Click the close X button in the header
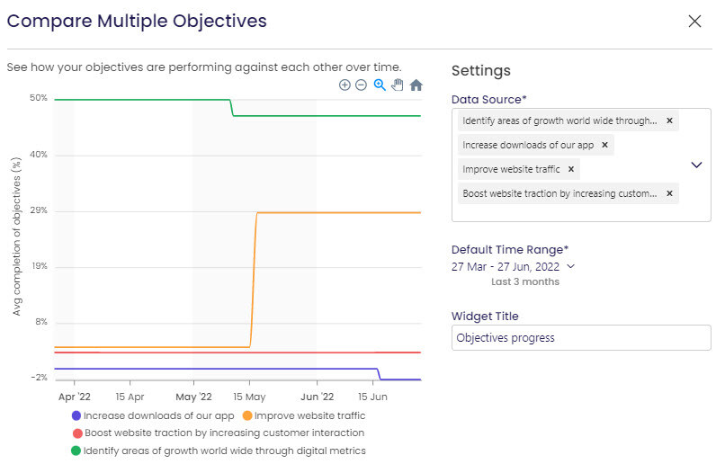pyautogui.click(x=694, y=21)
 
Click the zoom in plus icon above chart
pyautogui.click(x=345, y=85)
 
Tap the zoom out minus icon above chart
pyautogui.click(x=361, y=85)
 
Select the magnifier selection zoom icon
pyautogui.click(x=380, y=85)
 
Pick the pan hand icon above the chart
pyautogui.click(x=398, y=85)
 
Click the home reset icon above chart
pyautogui.click(x=416, y=85)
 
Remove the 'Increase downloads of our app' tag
pyautogui.click(x=604, y=144)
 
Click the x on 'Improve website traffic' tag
pyautogui.click(x=569, y=168)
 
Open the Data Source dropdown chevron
pyautogui.click(x=696, y=165)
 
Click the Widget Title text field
pyautogui.click(x=581, y=337)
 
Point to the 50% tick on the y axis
pyautogui.click(x=38, y=98)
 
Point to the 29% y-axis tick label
pyautogui.click(x=38, y=210)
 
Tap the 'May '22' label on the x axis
pyautogui.click(x=193, y=396)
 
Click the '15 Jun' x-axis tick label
pyautogui.click(x=372, y=396)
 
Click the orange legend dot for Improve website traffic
pyautogui.click(x=247, y=415)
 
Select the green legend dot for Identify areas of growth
pyautogui.click(x=76, y=451)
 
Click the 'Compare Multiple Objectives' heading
pyautogui.click(x=137, y=21)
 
